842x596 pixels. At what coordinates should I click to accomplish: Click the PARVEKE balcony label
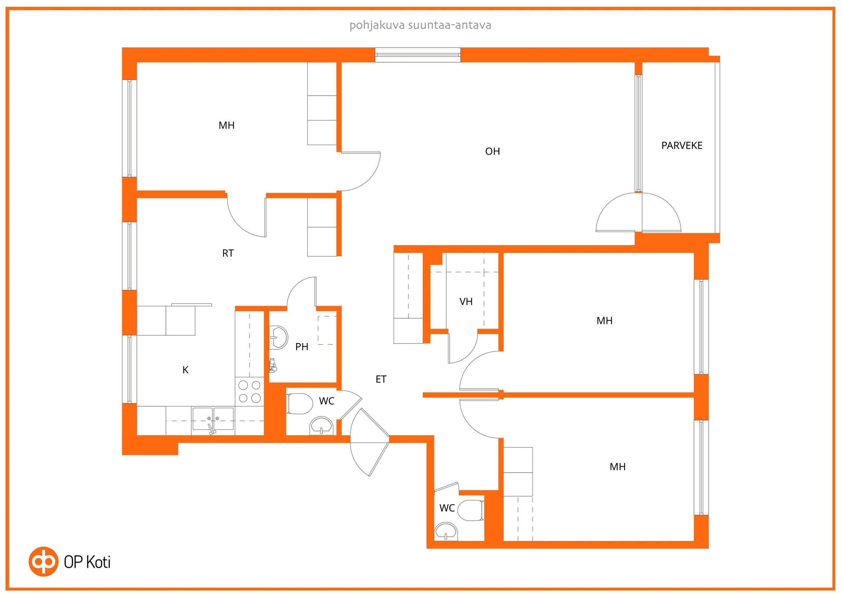tap(682, 146)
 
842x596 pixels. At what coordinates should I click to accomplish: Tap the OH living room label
tap(492, 152)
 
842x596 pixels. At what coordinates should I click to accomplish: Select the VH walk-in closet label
tap(466, 302)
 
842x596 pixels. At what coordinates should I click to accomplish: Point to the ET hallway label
tap(381, 379)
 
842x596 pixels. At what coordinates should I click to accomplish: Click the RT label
tap(228, 253)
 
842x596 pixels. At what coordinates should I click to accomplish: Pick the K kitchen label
tap(185, 370)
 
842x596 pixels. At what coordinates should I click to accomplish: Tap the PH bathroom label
tap(302, 347)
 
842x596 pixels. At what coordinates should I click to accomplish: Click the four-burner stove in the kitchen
tap(249, 391)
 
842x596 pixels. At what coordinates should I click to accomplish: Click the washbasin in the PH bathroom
tap(278, 337)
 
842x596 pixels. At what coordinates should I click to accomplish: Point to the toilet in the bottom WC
tap(470, 510)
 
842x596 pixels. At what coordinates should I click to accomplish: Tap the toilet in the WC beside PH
tap(300, 404)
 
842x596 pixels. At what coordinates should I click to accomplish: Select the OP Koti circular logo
tap(44, 562)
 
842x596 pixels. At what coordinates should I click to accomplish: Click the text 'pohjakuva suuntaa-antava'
tap(420, 25)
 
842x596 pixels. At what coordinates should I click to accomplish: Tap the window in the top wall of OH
tap(417, 55)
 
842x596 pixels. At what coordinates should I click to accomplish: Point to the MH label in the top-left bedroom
tap(227, 126)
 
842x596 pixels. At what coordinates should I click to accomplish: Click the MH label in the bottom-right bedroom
tap(618, 467)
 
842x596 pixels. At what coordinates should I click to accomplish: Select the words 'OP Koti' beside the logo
tap(87, 562)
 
